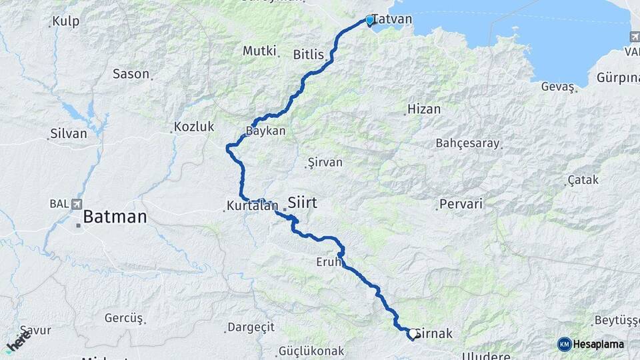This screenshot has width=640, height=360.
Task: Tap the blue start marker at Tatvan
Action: coord(370,21)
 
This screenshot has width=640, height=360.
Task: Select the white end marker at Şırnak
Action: coord(413,333)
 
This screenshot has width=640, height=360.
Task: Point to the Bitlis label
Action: coord(308,55)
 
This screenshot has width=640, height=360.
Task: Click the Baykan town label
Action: coord(265,131)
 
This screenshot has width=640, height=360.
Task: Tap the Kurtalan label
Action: coord(251,207)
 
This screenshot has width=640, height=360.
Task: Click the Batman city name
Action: coord(115,217)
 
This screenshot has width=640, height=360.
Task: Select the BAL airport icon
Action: coord(79,204)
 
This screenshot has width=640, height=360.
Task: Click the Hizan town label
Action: coord(424,109)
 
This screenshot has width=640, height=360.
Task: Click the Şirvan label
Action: coord(324,163)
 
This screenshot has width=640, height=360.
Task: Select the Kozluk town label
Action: coord(194,126)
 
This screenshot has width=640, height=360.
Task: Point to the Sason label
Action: coord(131,74)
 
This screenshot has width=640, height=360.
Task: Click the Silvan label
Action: coord(69,133)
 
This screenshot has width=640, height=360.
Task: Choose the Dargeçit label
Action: coord(251,327)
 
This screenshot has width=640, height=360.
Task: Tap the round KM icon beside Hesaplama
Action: coord(565,344)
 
